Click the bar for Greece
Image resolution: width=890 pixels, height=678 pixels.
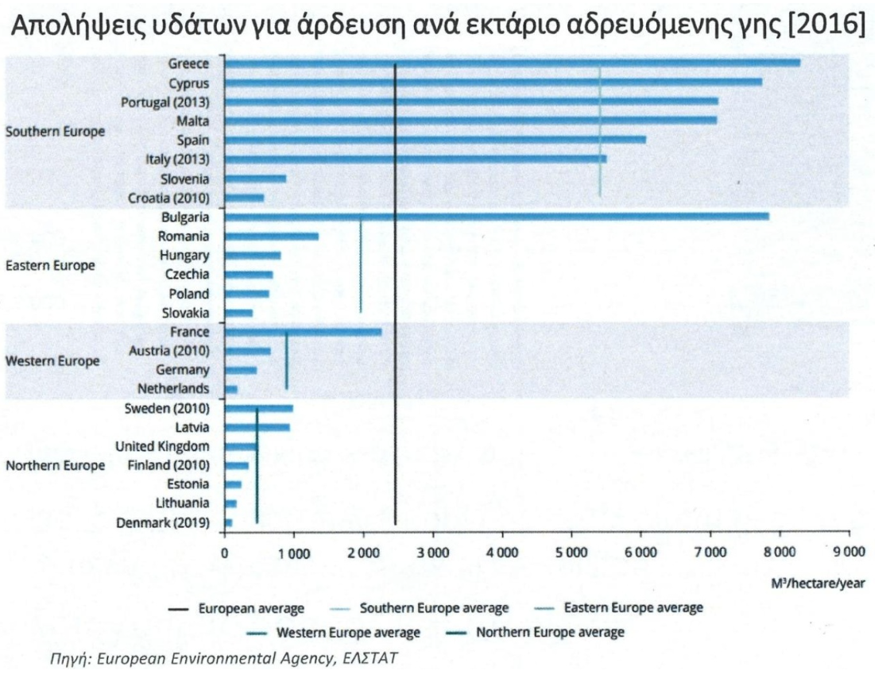click(x=513, y=63)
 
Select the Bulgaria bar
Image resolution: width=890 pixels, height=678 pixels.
click(x=497, y=217)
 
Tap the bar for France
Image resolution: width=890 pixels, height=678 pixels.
click(x=304, y=332)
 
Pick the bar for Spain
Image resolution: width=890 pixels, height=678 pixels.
click(x=435, y=140)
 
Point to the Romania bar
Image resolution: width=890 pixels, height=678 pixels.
click(x=272, y=237)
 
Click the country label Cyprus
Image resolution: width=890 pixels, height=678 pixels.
click(x=189, y=83)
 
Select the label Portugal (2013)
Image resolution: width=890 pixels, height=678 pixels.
click(x=165, y=102)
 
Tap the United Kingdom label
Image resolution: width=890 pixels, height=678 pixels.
click(x=162, y=447)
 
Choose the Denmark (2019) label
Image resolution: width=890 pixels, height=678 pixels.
click(x=163, y=522)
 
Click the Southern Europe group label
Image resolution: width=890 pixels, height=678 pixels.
click(x=55, y=132)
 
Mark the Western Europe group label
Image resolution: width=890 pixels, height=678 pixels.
click(x=52, y=361)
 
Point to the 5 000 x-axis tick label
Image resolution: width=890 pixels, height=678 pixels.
click(x=571, y=553)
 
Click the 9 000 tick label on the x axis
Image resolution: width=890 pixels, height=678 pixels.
click(x=849, y=552)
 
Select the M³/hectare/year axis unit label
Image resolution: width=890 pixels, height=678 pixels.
click(x=818, y=584)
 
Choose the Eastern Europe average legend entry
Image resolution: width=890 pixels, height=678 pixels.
click(x=619, y=608)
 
